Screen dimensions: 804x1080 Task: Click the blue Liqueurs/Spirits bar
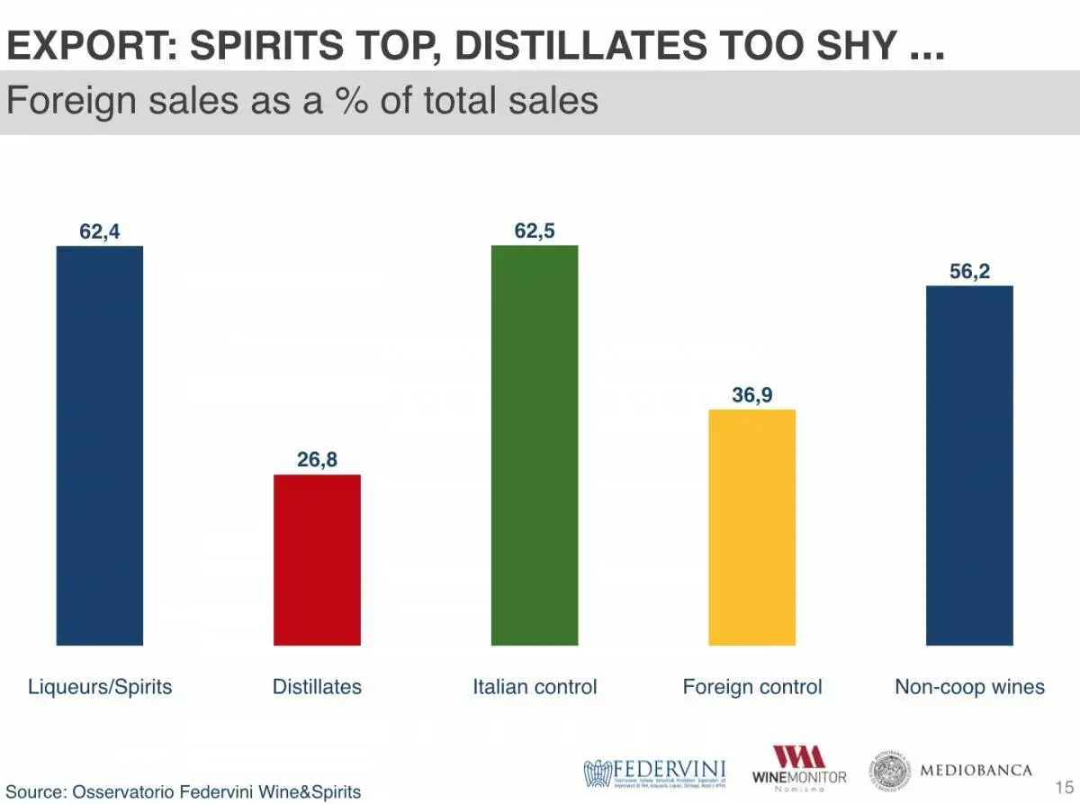coord(100,445)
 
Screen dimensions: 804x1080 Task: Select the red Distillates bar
coord(317,559)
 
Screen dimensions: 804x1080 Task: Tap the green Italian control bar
coord(535,445)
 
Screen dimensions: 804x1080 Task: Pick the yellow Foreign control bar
coord(752,527)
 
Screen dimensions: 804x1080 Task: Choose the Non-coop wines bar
coord(969,465)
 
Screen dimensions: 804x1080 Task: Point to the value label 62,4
coord(100,231)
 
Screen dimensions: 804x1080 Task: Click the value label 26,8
coord(317,460)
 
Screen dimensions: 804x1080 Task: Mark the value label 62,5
coord(535,231)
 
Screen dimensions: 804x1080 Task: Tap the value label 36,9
coord(752,394)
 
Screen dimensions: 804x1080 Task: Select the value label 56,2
coord(969,271)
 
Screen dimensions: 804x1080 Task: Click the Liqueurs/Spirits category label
coord(100,687)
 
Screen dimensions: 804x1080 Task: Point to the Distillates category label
coord(317,687)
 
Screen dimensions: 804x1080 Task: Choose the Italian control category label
coord(535,687)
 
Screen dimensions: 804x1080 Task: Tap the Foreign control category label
coord(752,687)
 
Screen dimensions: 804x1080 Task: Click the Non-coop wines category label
coord(969,687)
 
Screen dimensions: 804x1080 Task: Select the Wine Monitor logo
coord(799,768)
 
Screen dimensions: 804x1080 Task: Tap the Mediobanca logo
coord(950,771)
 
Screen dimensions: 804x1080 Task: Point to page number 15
coord(1064,788)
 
